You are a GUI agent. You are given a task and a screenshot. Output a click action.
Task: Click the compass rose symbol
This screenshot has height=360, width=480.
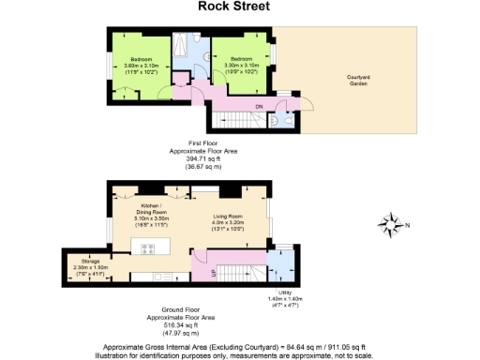[388, 223]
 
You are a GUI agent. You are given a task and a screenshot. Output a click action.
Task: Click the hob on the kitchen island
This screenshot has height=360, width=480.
[147, 249]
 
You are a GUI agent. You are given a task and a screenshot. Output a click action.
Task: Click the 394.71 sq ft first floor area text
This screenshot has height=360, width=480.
[197, 159]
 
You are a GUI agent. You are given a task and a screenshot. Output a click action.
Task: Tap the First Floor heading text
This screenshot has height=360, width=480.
[197, 144]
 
